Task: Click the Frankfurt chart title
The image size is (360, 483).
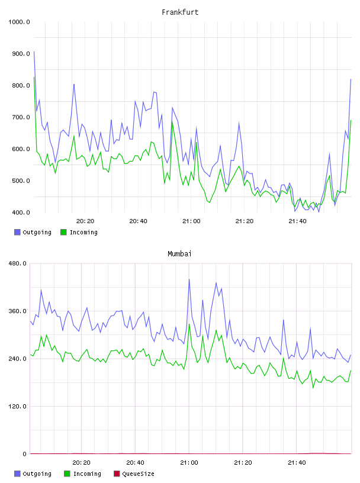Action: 180,12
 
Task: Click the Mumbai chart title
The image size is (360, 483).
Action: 179,254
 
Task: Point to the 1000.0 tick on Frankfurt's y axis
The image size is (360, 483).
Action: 19,22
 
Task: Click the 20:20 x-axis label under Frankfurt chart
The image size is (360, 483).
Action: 85,221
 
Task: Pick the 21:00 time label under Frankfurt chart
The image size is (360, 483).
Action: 191,221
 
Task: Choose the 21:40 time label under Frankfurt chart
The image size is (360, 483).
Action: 297,221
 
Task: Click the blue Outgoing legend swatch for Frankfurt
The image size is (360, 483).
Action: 17,232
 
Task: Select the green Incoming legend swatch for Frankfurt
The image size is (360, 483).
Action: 63,232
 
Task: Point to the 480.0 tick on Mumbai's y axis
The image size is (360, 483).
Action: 18,263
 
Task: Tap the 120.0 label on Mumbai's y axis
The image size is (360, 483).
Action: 18,406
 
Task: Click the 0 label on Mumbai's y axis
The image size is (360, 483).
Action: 25,454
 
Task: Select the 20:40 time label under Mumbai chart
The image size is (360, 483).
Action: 136,463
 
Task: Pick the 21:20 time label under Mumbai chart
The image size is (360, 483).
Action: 243,463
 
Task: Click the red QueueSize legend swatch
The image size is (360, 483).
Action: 117,474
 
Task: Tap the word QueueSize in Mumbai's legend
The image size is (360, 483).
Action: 138,474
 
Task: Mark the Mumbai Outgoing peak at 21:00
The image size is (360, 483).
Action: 189,279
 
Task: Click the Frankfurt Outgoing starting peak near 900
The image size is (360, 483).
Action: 34,51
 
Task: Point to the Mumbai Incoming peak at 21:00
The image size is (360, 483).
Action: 189,324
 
